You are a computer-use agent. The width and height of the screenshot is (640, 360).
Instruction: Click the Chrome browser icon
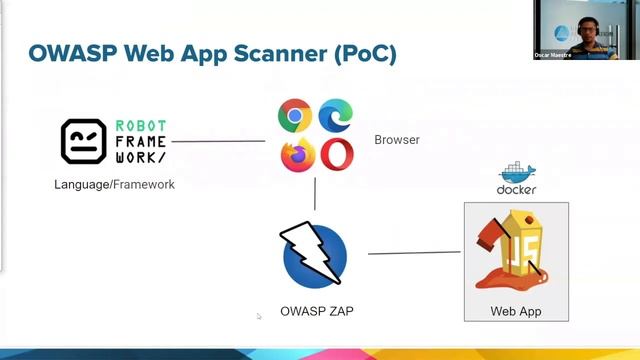coord(295,117)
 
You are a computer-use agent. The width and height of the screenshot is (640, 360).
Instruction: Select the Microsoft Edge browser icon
coord(336,117)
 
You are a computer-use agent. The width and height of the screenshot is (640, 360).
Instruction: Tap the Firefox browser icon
coord(297,155)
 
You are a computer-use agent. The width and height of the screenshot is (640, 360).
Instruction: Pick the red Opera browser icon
coord(336,155)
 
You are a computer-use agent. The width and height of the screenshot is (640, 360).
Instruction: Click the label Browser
coord(397,140)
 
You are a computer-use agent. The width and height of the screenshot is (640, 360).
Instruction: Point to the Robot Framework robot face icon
coord(84,141)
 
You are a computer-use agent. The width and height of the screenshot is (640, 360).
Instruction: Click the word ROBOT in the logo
coord(141,125)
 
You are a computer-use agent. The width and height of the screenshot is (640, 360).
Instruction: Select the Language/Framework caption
coord(114,184)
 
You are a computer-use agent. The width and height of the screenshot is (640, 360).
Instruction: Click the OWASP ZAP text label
coord(315,311)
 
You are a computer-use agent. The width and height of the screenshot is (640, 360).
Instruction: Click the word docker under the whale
coord(516,189)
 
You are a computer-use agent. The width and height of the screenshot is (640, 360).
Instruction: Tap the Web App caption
coord(516,311)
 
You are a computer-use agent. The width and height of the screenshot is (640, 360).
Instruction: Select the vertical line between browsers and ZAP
coord(315,193)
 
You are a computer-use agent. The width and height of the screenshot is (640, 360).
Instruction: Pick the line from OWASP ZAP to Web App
coord(414,253)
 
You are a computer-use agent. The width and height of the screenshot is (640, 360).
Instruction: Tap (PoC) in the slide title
coord(367,54)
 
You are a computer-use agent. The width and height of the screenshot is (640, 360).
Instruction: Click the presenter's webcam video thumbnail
coord(585,30)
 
